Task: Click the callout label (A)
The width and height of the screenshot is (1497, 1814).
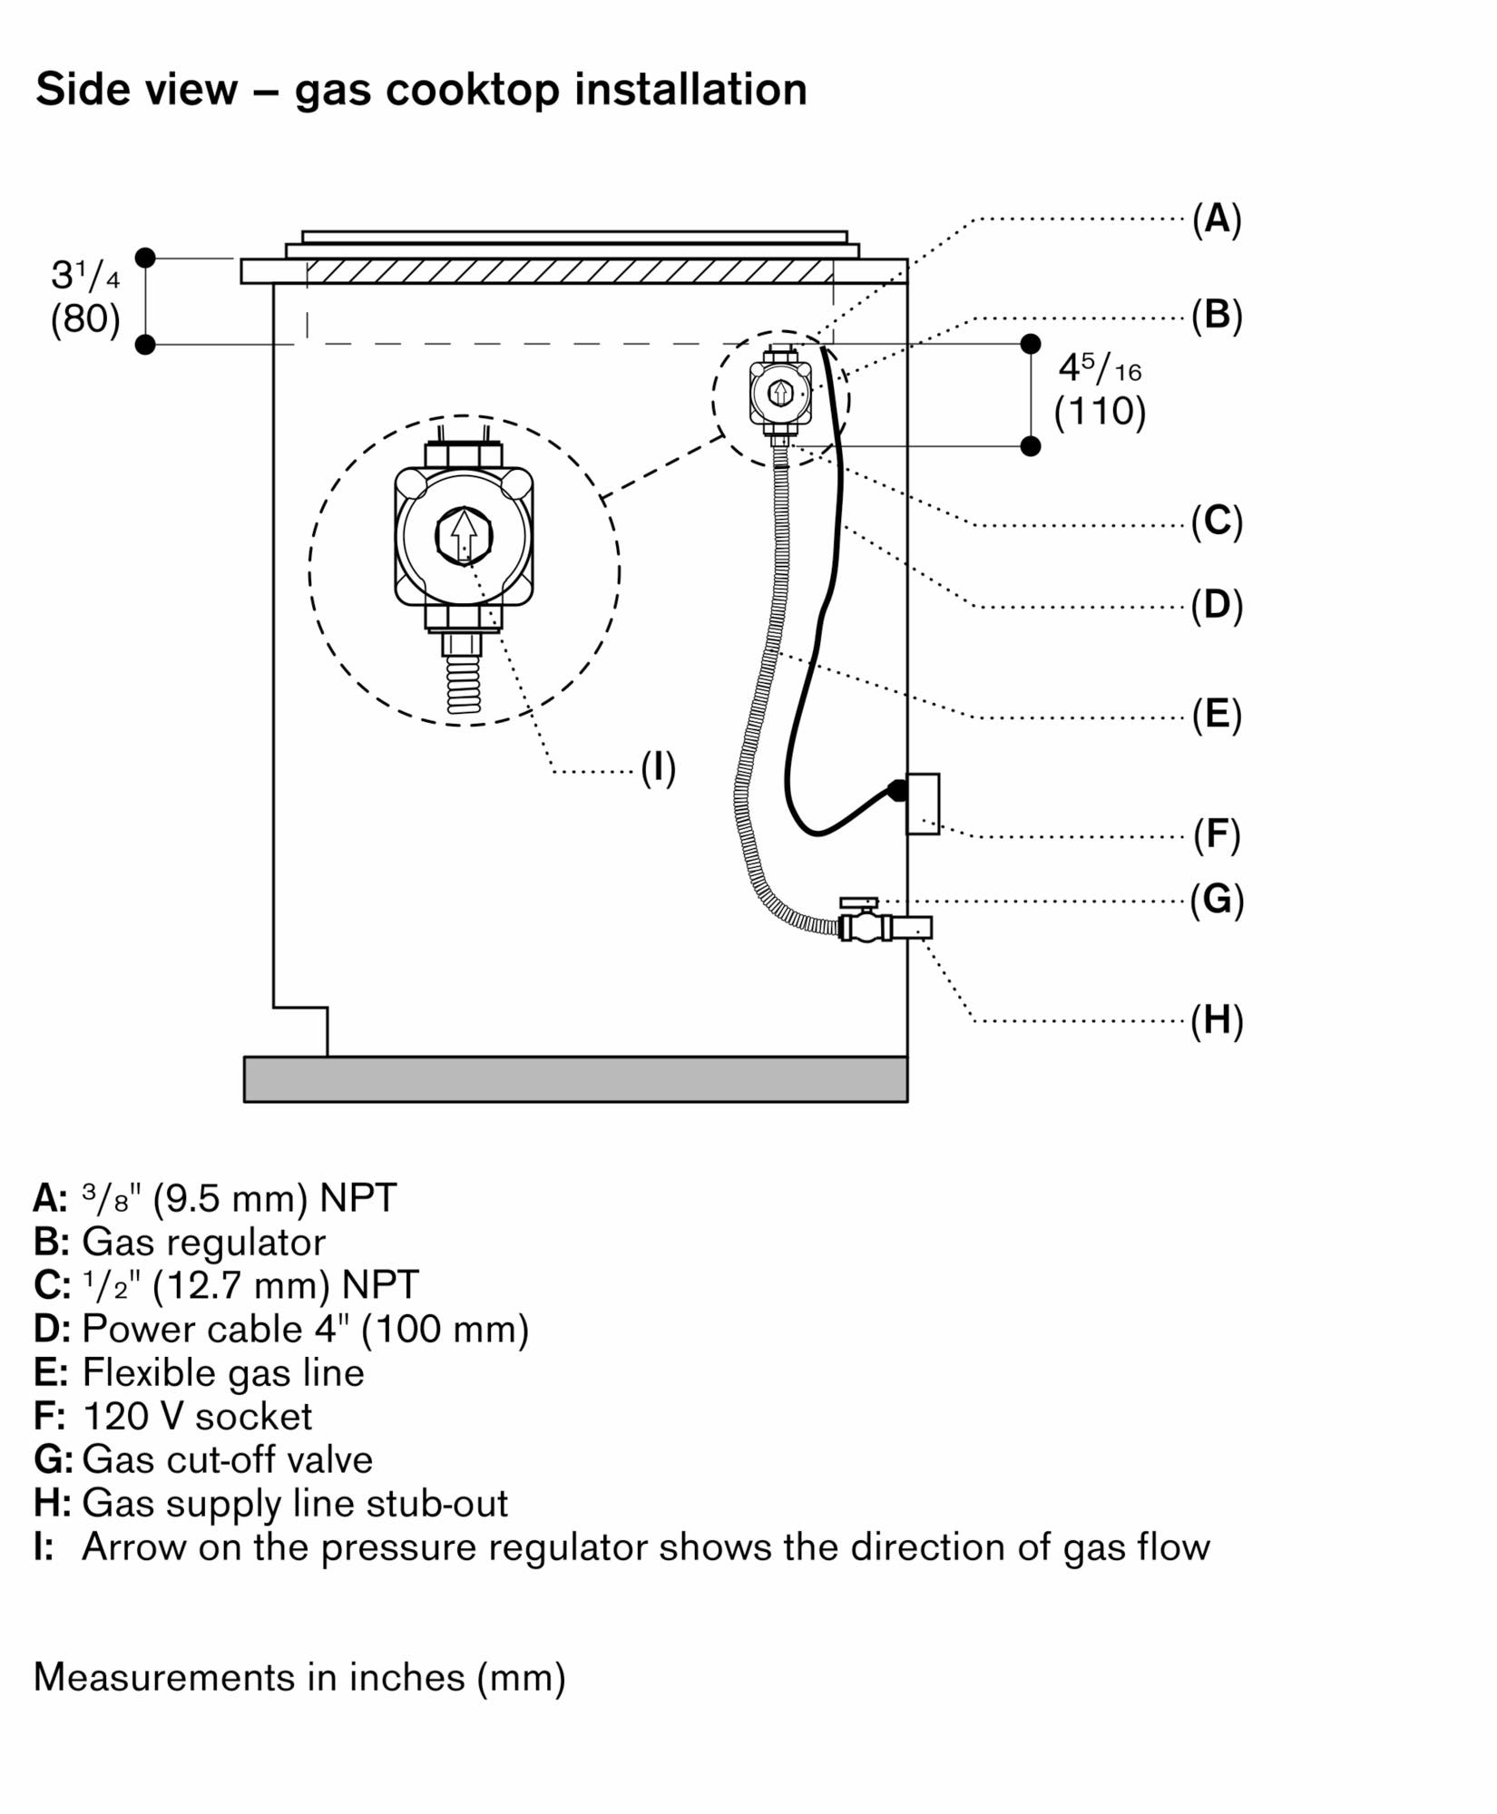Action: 1217,219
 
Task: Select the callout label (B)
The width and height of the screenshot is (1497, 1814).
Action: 1217,316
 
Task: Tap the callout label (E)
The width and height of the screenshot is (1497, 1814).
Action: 1217,715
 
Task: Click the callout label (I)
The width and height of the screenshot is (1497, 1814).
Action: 659,768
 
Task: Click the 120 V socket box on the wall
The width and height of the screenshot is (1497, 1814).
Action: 924,804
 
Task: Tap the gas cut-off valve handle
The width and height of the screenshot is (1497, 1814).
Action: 858,903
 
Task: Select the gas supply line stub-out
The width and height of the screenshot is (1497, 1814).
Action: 912,927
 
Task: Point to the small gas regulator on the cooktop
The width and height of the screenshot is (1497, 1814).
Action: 780,394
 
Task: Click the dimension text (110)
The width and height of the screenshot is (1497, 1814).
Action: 1100,412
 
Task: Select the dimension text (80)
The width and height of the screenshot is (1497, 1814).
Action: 85,319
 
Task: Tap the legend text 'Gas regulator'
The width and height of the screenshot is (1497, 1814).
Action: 204,1243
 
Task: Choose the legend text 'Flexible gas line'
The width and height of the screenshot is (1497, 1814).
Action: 223,1373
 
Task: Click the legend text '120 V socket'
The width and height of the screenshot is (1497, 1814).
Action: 197,1417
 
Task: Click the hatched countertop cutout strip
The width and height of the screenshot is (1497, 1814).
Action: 570,271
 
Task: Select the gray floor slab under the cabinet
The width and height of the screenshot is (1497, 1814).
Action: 576,1079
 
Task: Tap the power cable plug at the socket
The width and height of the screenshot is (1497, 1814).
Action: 895,790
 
